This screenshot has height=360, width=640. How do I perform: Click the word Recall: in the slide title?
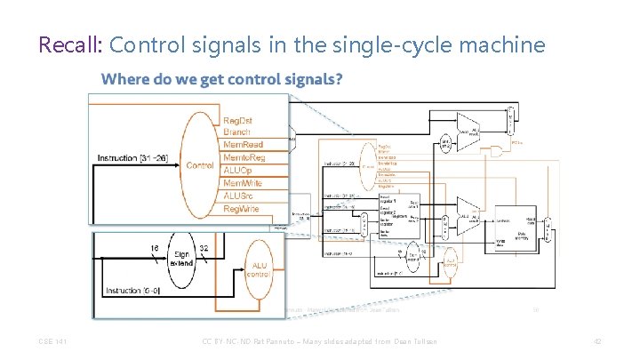[x=71, y=44]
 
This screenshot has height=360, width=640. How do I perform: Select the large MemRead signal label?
[x=244, y=144]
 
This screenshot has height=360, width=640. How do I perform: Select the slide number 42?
[x=597, y=341]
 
